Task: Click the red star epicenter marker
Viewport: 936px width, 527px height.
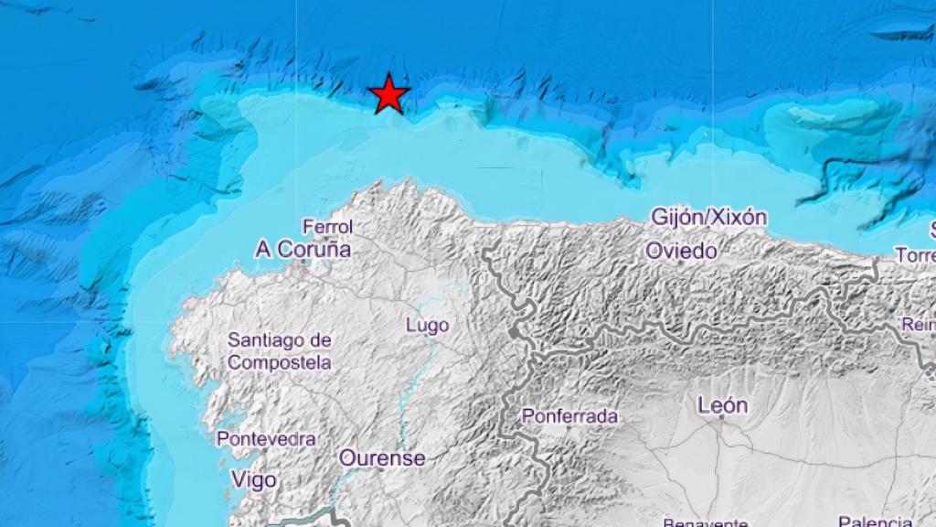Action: tap(388, 94)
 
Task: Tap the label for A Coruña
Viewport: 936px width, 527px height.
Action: tap(303, 249)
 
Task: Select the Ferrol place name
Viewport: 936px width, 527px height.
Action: tap(328, 226)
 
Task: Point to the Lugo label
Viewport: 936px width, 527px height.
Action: tap(427, 325)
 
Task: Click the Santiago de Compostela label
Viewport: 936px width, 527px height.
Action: tap(280, 351)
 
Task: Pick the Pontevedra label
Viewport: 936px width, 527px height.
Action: tap(266, 439)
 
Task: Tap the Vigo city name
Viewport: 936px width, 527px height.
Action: tap(253, 479)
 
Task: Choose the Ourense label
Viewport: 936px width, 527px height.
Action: tap(382, 457)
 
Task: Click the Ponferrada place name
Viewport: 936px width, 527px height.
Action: tap(569, 416)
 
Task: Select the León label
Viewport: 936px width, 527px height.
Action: tap(722, 404)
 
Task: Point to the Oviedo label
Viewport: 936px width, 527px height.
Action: tap(681, 250)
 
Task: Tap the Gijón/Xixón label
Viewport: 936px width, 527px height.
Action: tap(708, 218)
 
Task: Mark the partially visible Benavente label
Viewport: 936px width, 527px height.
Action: tap(707, 522)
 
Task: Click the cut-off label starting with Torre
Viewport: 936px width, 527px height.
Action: tap(916, 255)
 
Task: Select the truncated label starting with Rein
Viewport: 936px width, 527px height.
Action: tap(919, 324)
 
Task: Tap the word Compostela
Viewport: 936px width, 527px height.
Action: tap(280, 362)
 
